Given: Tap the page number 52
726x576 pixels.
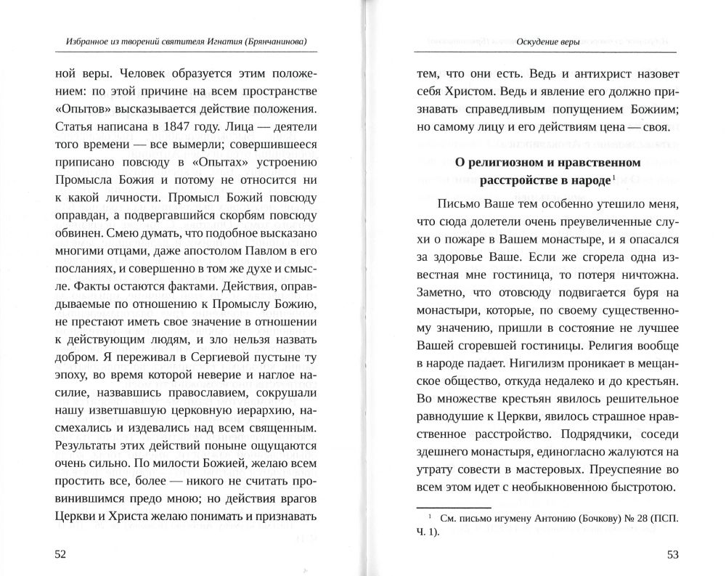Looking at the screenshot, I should pyautogui.click(x=60, y=554).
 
